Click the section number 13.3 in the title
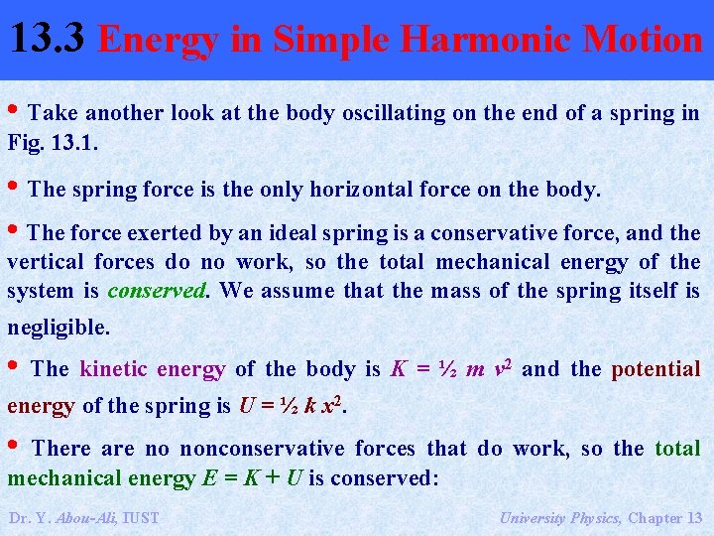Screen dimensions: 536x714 50,38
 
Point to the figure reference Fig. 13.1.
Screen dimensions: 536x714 52,142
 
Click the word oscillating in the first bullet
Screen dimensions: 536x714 395,113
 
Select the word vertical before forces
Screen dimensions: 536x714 46,262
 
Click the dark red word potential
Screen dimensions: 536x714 655,369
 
